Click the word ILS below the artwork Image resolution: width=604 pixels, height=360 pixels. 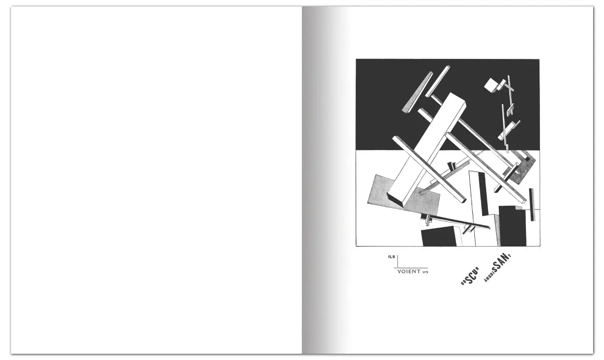coord(392,257)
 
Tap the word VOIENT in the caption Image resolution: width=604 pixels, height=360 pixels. coord(409,271)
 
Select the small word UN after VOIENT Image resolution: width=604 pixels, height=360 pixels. coord(425,272)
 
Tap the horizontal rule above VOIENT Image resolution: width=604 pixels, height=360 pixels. coord(411,267)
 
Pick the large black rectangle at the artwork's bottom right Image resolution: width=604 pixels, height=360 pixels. coord(512,226)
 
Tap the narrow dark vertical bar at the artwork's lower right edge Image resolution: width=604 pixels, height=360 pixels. coord(532,205)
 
